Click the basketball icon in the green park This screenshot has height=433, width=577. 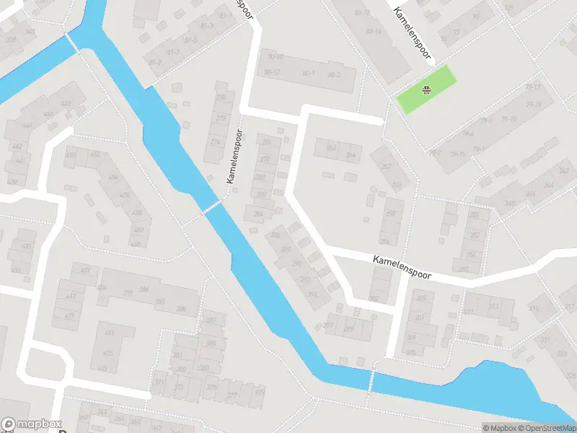(x=426, y=89)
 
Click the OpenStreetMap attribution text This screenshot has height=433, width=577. (x=547, y=428)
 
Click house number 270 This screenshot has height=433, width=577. (x=221, y=97)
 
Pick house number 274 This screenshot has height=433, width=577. (x=215, y=142)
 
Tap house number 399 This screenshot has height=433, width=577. (x=127, y=292)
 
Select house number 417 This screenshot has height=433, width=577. (x=71, y=297)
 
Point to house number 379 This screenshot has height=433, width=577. (x=260, y=393)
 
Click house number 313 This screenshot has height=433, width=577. (x=493, y=307)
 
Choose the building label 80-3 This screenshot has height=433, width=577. (x=333, y=74)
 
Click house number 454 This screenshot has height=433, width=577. (x=114, y=178)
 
